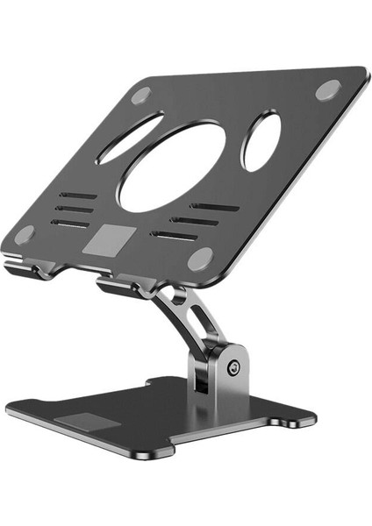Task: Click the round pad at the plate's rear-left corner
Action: [x=140, y=96]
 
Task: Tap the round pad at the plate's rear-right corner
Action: [x=328, y=89]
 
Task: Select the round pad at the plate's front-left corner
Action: [x=24, y=235]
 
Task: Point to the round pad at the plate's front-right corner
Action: [x=201, y=258]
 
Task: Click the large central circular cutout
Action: [x=172, y=166]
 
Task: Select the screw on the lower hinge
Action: [x=233, y=368]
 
